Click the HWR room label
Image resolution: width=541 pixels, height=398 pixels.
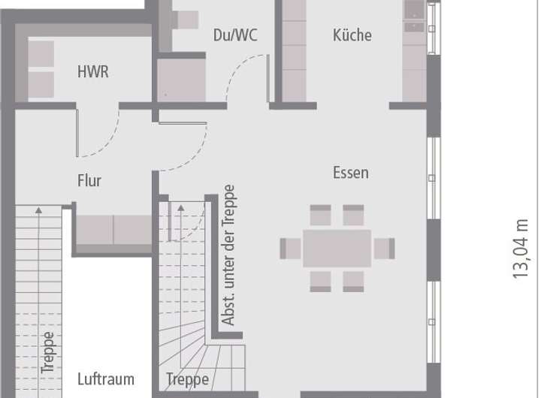click(92, 72)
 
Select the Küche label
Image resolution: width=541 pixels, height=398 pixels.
click(352, 35)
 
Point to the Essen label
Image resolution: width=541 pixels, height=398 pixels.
click(351, 173)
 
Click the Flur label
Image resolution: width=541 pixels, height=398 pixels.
click(89, 181)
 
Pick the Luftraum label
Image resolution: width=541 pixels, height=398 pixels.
click(105, 379)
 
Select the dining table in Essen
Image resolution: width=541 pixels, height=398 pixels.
click(337, 248)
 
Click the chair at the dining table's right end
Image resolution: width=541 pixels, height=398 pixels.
click(384, 248)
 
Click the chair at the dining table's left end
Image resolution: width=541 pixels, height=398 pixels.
click(291, 248)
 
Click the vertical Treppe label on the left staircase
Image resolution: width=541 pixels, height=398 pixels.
click(47, 353)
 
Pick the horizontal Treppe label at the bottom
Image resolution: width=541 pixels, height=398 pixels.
click(187, 379)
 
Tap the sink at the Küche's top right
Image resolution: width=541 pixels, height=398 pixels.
click(414, 10)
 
